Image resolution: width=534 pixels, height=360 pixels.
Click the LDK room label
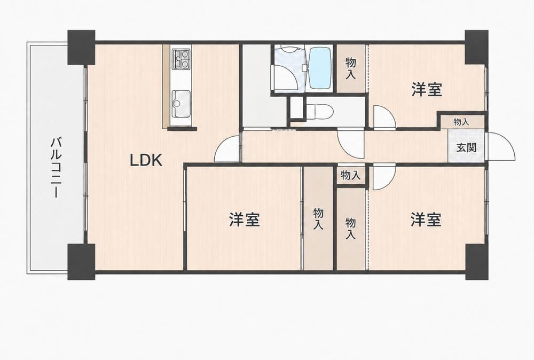click(146, 160)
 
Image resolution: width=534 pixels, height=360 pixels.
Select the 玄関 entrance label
click(466, 147)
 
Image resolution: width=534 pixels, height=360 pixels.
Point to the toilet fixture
click(319, 112)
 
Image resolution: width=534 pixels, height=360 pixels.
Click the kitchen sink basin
click(181, 103)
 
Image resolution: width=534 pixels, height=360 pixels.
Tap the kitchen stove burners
click(182, 59)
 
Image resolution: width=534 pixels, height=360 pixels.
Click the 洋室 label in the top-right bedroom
click(427, 90)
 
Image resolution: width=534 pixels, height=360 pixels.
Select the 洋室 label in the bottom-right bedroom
click(426, 220)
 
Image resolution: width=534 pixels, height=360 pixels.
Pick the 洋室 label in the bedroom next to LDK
click(244, 220)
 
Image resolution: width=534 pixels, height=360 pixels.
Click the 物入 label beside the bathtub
click(350, 68)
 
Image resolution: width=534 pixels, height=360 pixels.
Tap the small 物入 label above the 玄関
click(461, 122)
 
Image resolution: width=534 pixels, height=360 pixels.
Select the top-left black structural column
click(81, 48)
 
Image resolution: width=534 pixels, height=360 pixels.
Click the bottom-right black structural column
click(476, 261)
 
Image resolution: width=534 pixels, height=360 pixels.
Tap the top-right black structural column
click(476, 47)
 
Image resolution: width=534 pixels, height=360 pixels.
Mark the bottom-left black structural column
click(81, 262)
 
